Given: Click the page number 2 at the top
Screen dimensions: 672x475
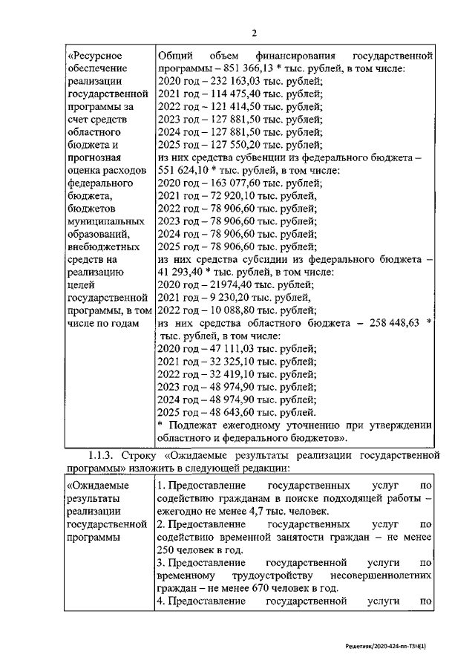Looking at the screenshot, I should [254, 33].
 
